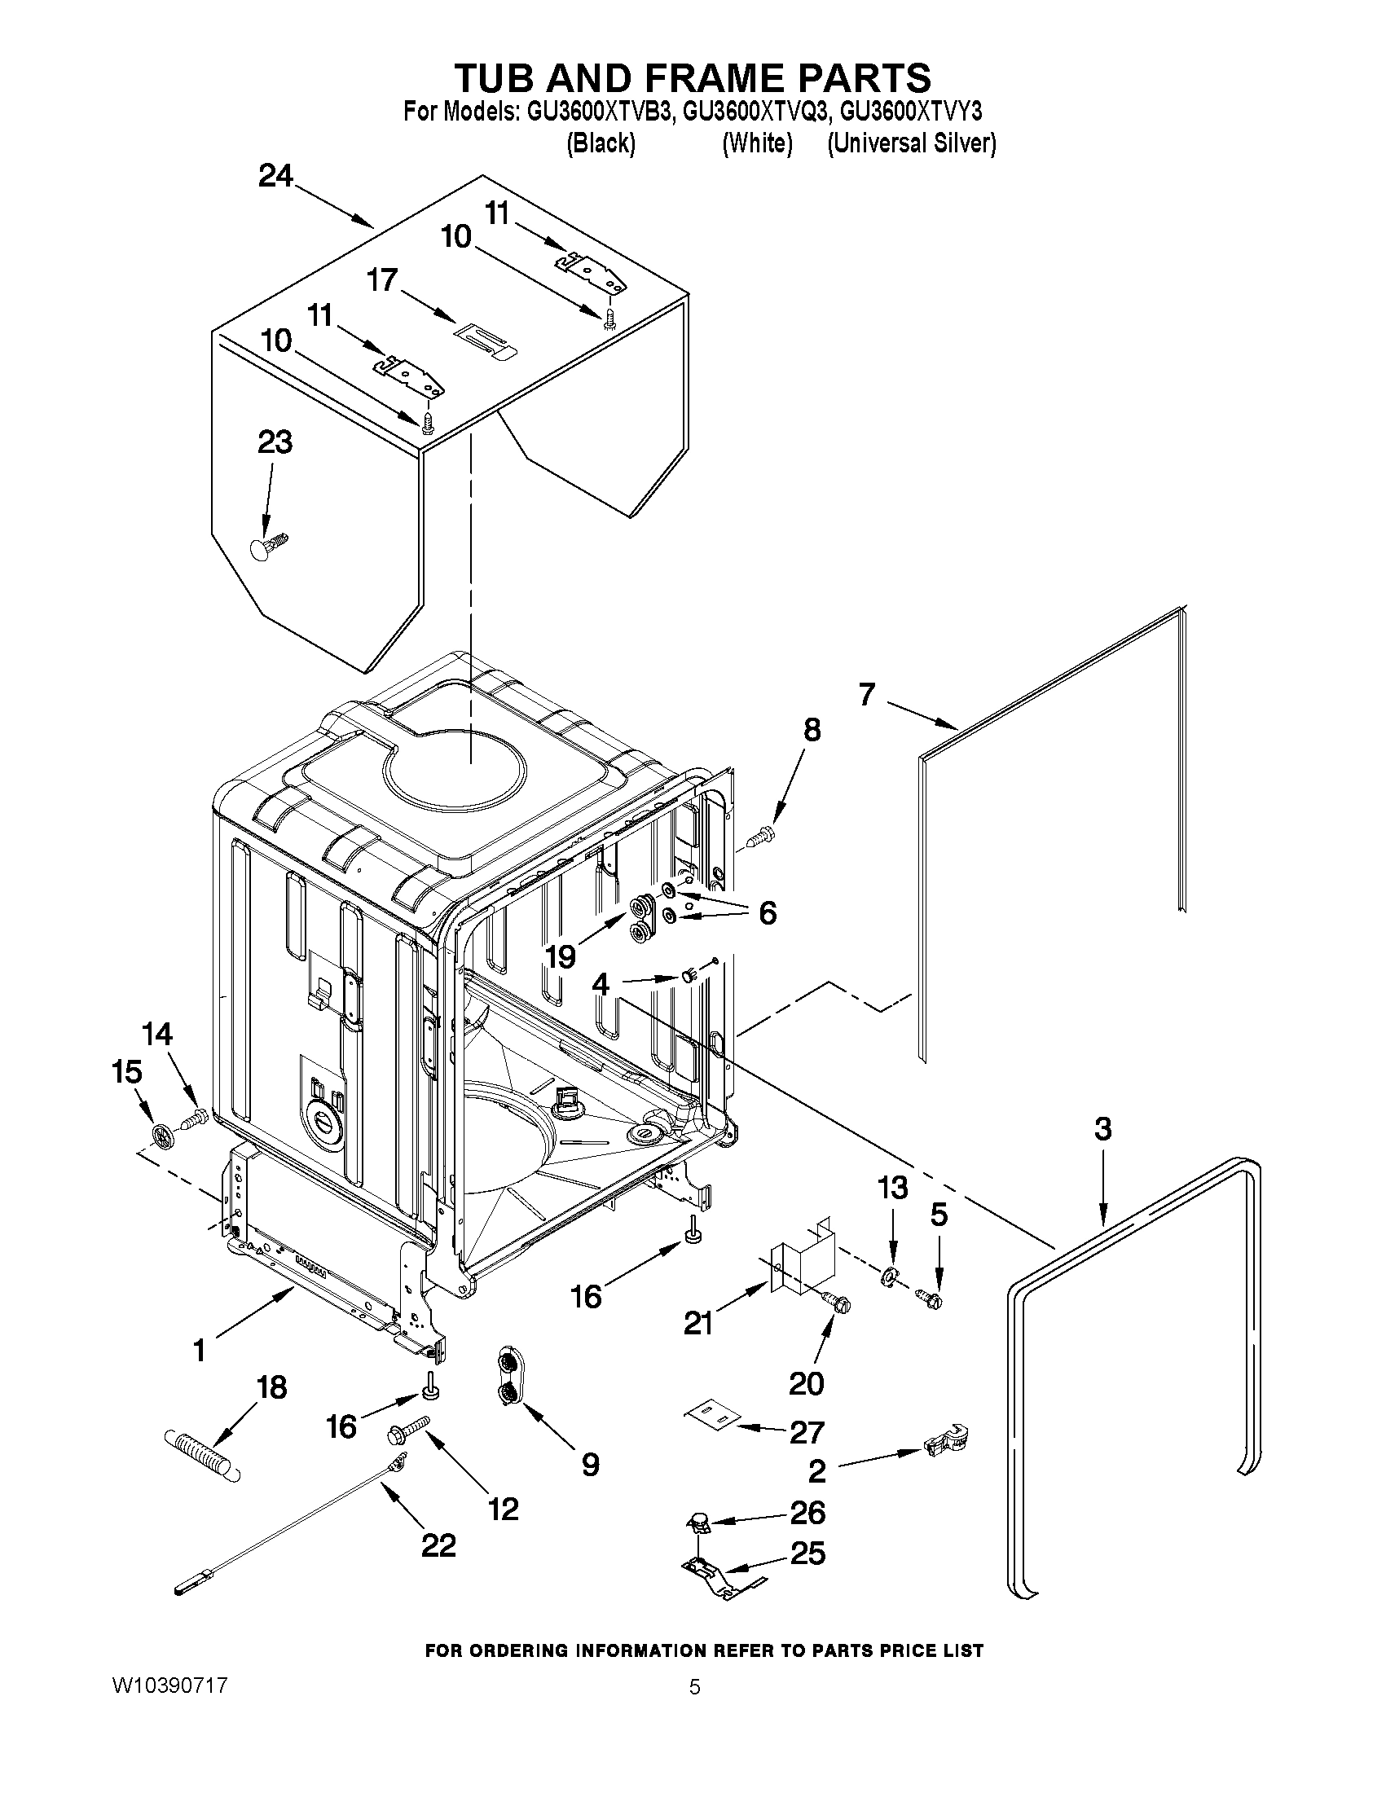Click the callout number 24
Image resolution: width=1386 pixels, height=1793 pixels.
pyautogui.click(x=275, y=177)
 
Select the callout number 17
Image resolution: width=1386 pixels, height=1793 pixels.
pyautogui.click(x=383, y=280)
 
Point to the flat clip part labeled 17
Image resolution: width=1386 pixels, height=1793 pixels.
pyautogui.click(x=486, y=340)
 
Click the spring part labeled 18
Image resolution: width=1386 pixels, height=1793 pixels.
pyautogui.click(x=203, y=1453)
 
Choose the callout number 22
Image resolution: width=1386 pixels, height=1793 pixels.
pyautogui.click(x=438, y=1546)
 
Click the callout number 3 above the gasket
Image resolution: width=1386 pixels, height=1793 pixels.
pyautogui.click(x=1102, y=1129)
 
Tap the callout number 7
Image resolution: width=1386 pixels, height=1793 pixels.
pyautogui.click(x=867, y=695)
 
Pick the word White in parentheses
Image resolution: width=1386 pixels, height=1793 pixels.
pyautogui.click(x=757, y=143)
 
